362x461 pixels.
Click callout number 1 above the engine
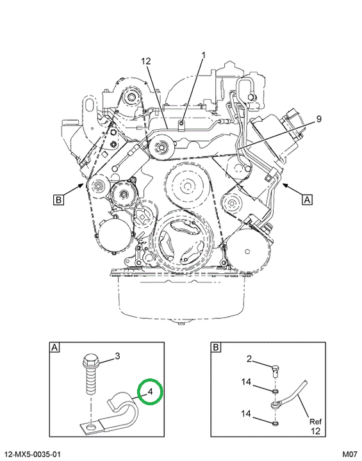pyautogui.click(x=203, y=56)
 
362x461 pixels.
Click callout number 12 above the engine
pyautogui.click(x=146, y=61)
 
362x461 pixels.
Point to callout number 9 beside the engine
pyautogui.click(x=318, y=119)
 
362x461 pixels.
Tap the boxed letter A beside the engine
pyautogui.click(x=307, y=200)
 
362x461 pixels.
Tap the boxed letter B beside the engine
pyautogui.click(x=58, y=200)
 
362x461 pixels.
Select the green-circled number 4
pyautogui.click(x=150, y=392)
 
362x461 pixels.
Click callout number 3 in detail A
pyautogui.click(x=117, y=357)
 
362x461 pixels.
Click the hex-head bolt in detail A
pyautogui.click(x=90, y=375)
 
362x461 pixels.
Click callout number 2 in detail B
pyautogui.click(x=249, y=359)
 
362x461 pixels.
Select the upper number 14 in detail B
pyautogui.click(x=246, y=382)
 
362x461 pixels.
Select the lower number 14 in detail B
pyautogui.click(x=246, y=414)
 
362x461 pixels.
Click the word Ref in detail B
pyautogui.click(x=315, y=421)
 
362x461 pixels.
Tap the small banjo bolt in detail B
pyautogui.click(x=275, y=371)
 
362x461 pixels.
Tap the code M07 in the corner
pyautogui.click(x=349, y=454)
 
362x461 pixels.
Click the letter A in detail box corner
pyautogui.click(x=54, y=347)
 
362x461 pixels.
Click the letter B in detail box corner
pyautogui.click(x=216, y=347)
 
